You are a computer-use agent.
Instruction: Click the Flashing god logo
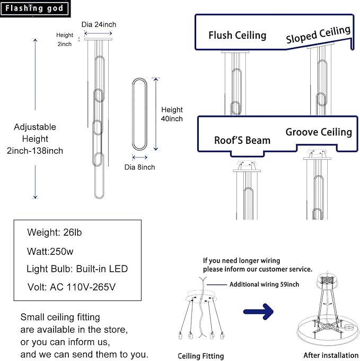pos(34,8)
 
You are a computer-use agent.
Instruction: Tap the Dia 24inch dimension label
pos(99,24)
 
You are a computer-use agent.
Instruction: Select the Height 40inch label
pos(172,114)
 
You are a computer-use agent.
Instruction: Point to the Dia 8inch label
pos(140,167)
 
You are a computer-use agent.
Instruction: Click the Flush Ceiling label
pos(237,36)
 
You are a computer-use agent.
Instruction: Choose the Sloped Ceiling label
pos(318,35)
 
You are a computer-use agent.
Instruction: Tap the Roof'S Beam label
pos(242,140)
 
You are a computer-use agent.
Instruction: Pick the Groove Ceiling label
pos(319,132)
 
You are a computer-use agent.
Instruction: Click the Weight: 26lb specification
pos(55,233)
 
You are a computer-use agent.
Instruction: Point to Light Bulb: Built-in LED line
pos(77,269)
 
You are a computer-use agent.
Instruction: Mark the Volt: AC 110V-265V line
pos(71,287)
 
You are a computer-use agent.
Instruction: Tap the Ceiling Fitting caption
pos(200,356)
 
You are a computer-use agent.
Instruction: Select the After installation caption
pos(331,355)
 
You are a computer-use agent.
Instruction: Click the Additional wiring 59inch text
pos(264,285)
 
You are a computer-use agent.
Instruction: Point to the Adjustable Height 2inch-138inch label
pos(39,139)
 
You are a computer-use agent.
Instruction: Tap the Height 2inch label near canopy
pos(65,39)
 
